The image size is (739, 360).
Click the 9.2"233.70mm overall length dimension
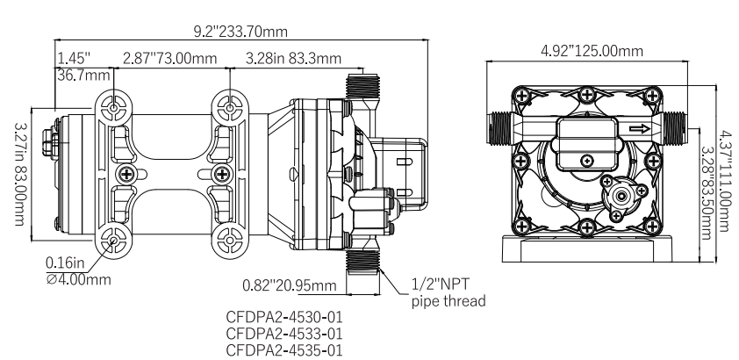click(x=240, y=31)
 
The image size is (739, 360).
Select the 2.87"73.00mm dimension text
click(x=169, y=58)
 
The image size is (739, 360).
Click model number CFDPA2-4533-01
click(x=283, y=334)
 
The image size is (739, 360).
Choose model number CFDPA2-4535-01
click(x=283, y=349)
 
